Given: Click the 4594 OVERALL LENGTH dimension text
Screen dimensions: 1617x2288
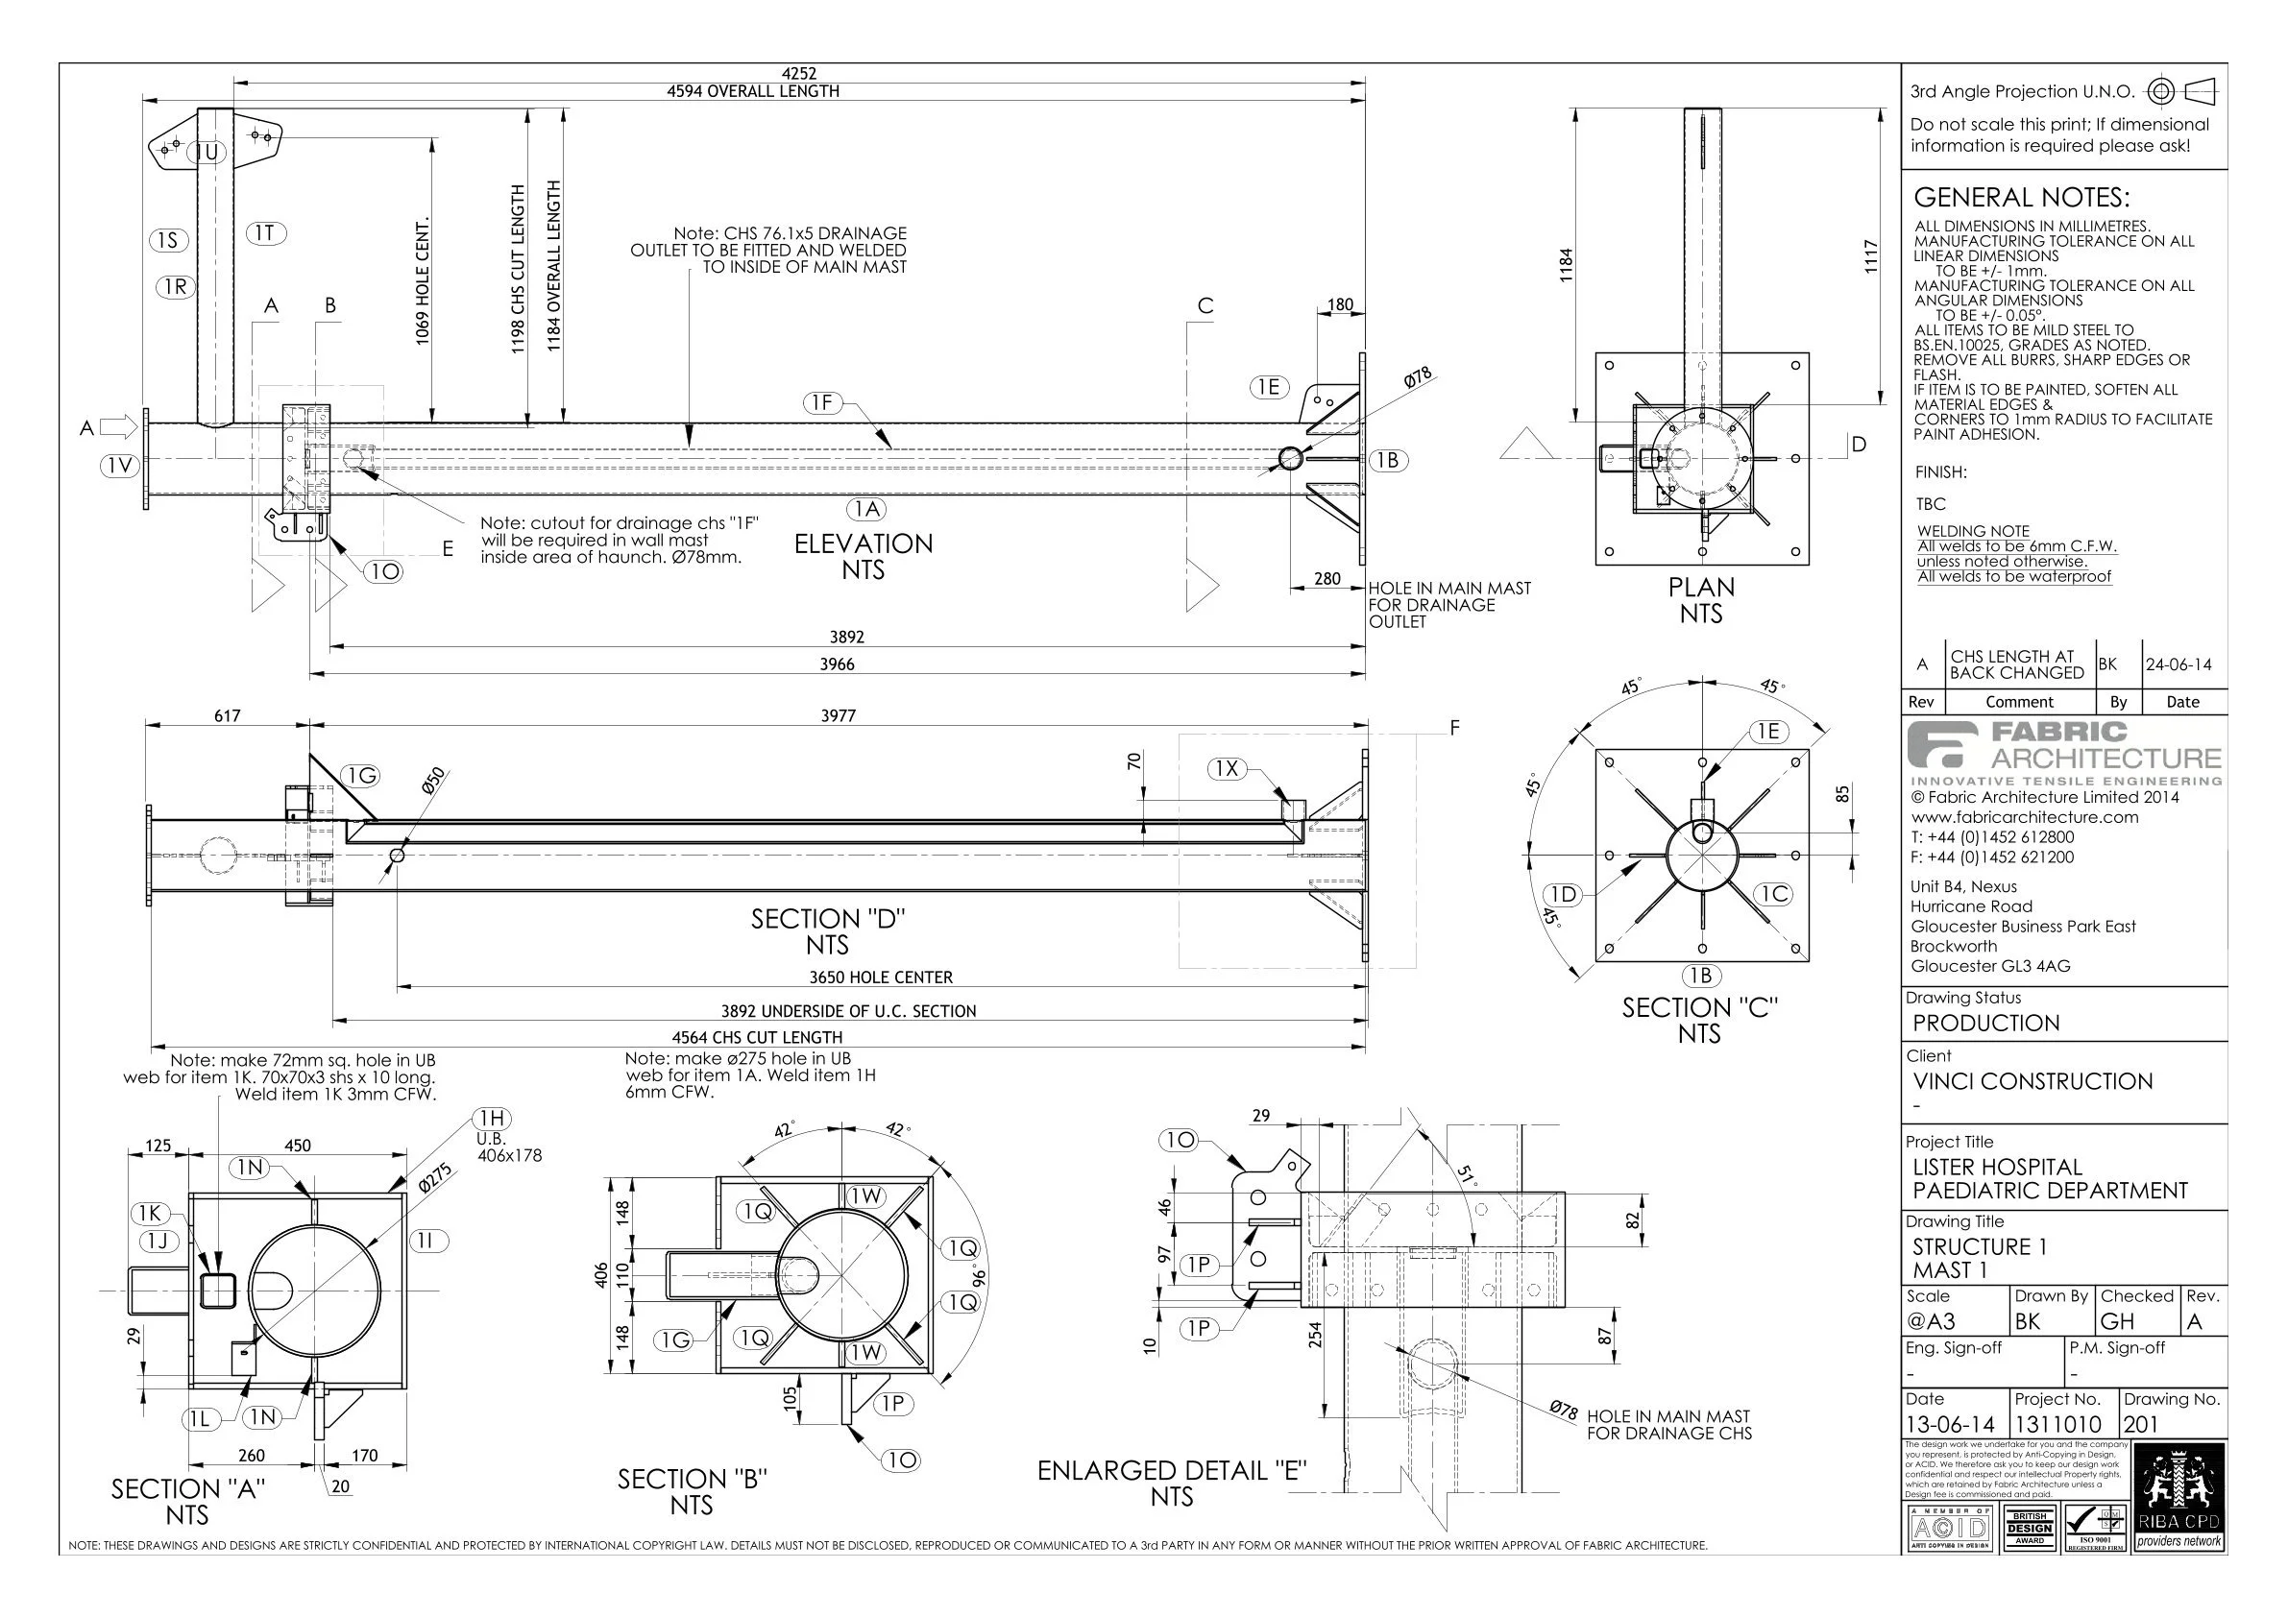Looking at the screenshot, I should [752, 91].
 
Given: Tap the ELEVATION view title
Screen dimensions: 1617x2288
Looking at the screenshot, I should [863, 544].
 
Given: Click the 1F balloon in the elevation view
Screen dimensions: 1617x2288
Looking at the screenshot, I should [821, 402].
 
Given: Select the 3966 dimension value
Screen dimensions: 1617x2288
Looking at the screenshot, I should [837, 664].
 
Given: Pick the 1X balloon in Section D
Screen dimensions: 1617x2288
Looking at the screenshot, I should [1227, 768].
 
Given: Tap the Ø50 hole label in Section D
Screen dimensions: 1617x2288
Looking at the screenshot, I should [433, 781].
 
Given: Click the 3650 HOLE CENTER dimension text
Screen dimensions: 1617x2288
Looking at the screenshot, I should [880, 977].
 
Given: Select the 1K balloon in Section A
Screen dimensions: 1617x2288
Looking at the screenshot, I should [150, 1213].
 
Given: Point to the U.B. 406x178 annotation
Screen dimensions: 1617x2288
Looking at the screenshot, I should [508, 1147].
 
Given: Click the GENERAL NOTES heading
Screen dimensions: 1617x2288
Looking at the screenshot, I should [2021, 197].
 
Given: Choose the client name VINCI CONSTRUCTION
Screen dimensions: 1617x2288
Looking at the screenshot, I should [2032, 1081].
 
